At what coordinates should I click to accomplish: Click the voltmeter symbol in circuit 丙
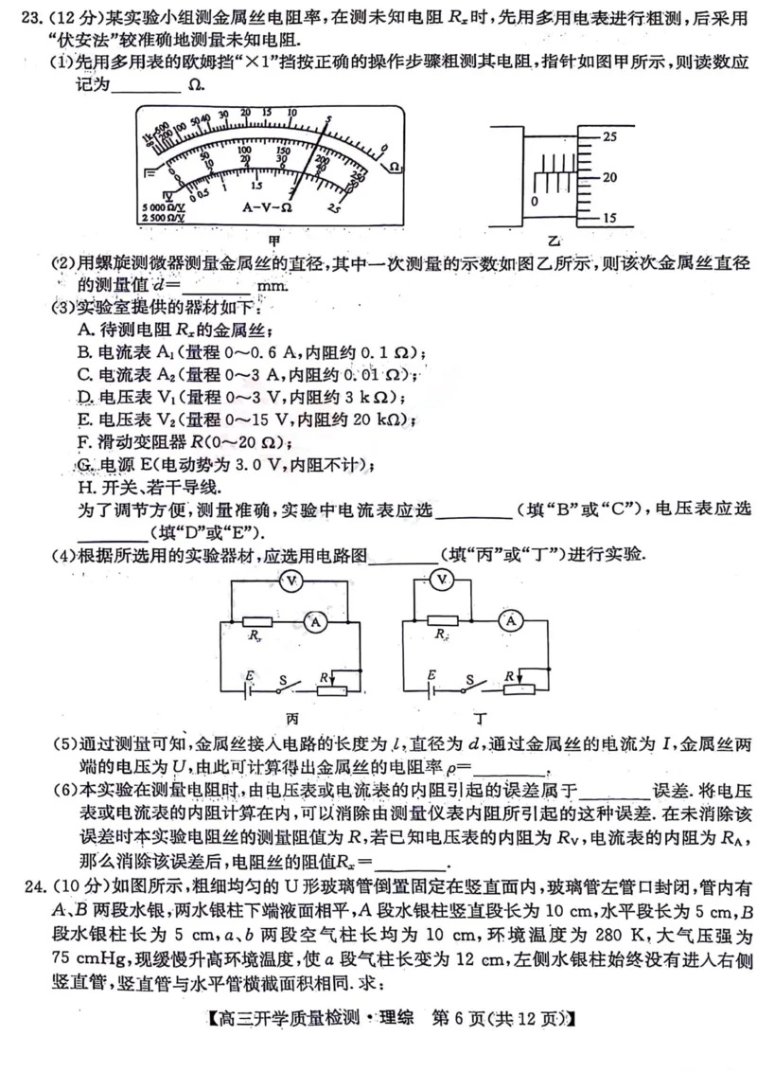coord(292,580)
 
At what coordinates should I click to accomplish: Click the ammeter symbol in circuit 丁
coord(512,620)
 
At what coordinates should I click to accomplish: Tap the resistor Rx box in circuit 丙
coord(255,622)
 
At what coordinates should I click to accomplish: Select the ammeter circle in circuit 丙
coord(317,621)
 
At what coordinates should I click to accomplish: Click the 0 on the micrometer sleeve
coord(535,202)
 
